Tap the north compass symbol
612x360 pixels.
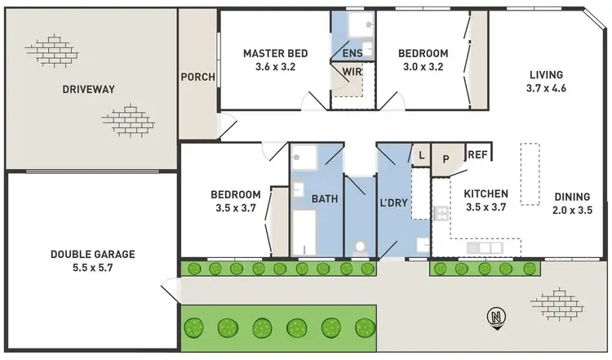click(x=496, y=317)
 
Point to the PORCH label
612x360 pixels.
click(x=198, y=78)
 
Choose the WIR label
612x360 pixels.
click(x=352, y=72)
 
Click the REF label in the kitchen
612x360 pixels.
click(x=477, y=153)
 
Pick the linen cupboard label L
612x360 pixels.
click(x=420, y=153)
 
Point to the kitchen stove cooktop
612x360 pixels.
click(x=441, y=215)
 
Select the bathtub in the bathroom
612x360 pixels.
click(x=304, y=233)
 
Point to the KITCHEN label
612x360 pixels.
click(x=486, y=193)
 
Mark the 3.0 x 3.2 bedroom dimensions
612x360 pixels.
click(x=423, y=68)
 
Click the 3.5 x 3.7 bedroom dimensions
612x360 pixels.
click(x=236, y=208)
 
